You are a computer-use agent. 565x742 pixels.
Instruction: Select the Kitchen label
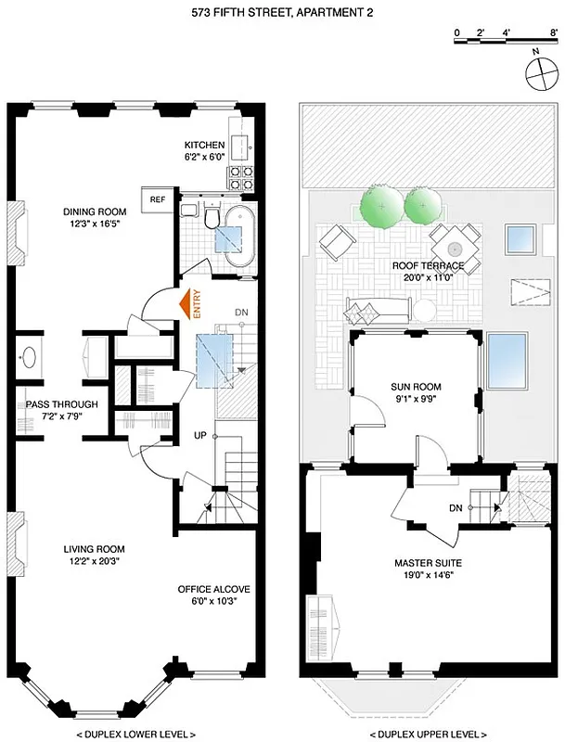(x=204, y=146)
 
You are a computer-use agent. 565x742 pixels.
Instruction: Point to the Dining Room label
(x=88, y=211)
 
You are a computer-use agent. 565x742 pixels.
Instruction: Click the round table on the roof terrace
(x=455, y=249)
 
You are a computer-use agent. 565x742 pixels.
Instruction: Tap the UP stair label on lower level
(x=199, y=435)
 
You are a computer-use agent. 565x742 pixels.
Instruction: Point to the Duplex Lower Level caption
(x=136, y=733)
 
